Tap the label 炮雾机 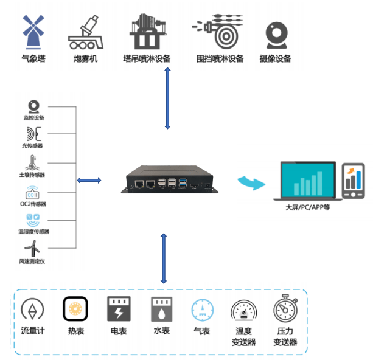click(85, 59)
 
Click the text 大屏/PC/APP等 click(308, 207)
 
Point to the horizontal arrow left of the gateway click(89, 181)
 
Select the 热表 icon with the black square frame click(76, 310)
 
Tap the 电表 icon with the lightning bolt click(118, 309)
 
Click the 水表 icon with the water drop click(161, 310)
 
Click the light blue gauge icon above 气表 click(202, 310)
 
